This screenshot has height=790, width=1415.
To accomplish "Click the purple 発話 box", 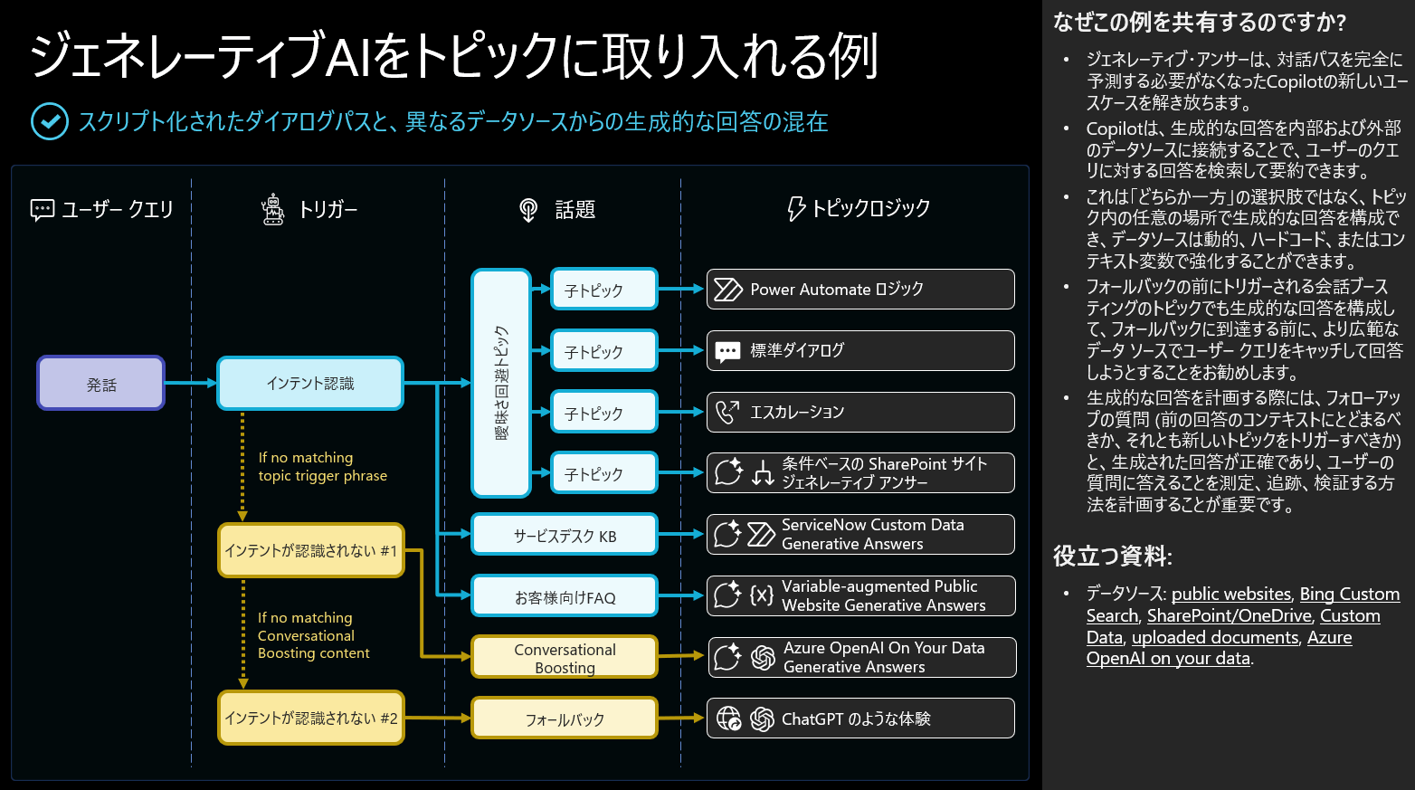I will [100, 383].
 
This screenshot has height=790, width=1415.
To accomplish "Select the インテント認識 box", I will [309, 383].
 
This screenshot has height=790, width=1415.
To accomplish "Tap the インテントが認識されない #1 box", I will [309, 550].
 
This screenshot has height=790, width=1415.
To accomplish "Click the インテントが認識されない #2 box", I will [309, 718].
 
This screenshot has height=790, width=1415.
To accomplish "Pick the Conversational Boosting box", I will [564, 658].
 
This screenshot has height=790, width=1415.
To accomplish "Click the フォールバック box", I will [564, 719].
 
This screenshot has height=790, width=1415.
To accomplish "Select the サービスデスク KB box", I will [564, 535].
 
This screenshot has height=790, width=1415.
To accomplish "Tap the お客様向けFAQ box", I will [564, 596].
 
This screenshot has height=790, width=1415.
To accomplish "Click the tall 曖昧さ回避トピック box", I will [500, 383].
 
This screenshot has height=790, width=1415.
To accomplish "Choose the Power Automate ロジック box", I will [859, 290].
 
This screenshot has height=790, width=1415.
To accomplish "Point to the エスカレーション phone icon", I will [727, 412].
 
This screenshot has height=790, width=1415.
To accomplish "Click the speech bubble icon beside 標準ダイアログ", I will [727, 351].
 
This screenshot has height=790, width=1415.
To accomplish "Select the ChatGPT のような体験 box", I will [859, 719].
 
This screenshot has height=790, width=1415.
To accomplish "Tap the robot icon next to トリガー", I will [272, 209].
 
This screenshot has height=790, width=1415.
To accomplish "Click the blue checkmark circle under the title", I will [49, 121].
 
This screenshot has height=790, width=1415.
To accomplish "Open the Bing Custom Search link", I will [1349, 595].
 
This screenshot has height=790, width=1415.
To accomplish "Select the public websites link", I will [1230, 595].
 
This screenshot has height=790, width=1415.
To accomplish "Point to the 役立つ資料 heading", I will [1112, 556].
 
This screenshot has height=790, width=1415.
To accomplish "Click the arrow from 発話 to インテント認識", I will [190, 383].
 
